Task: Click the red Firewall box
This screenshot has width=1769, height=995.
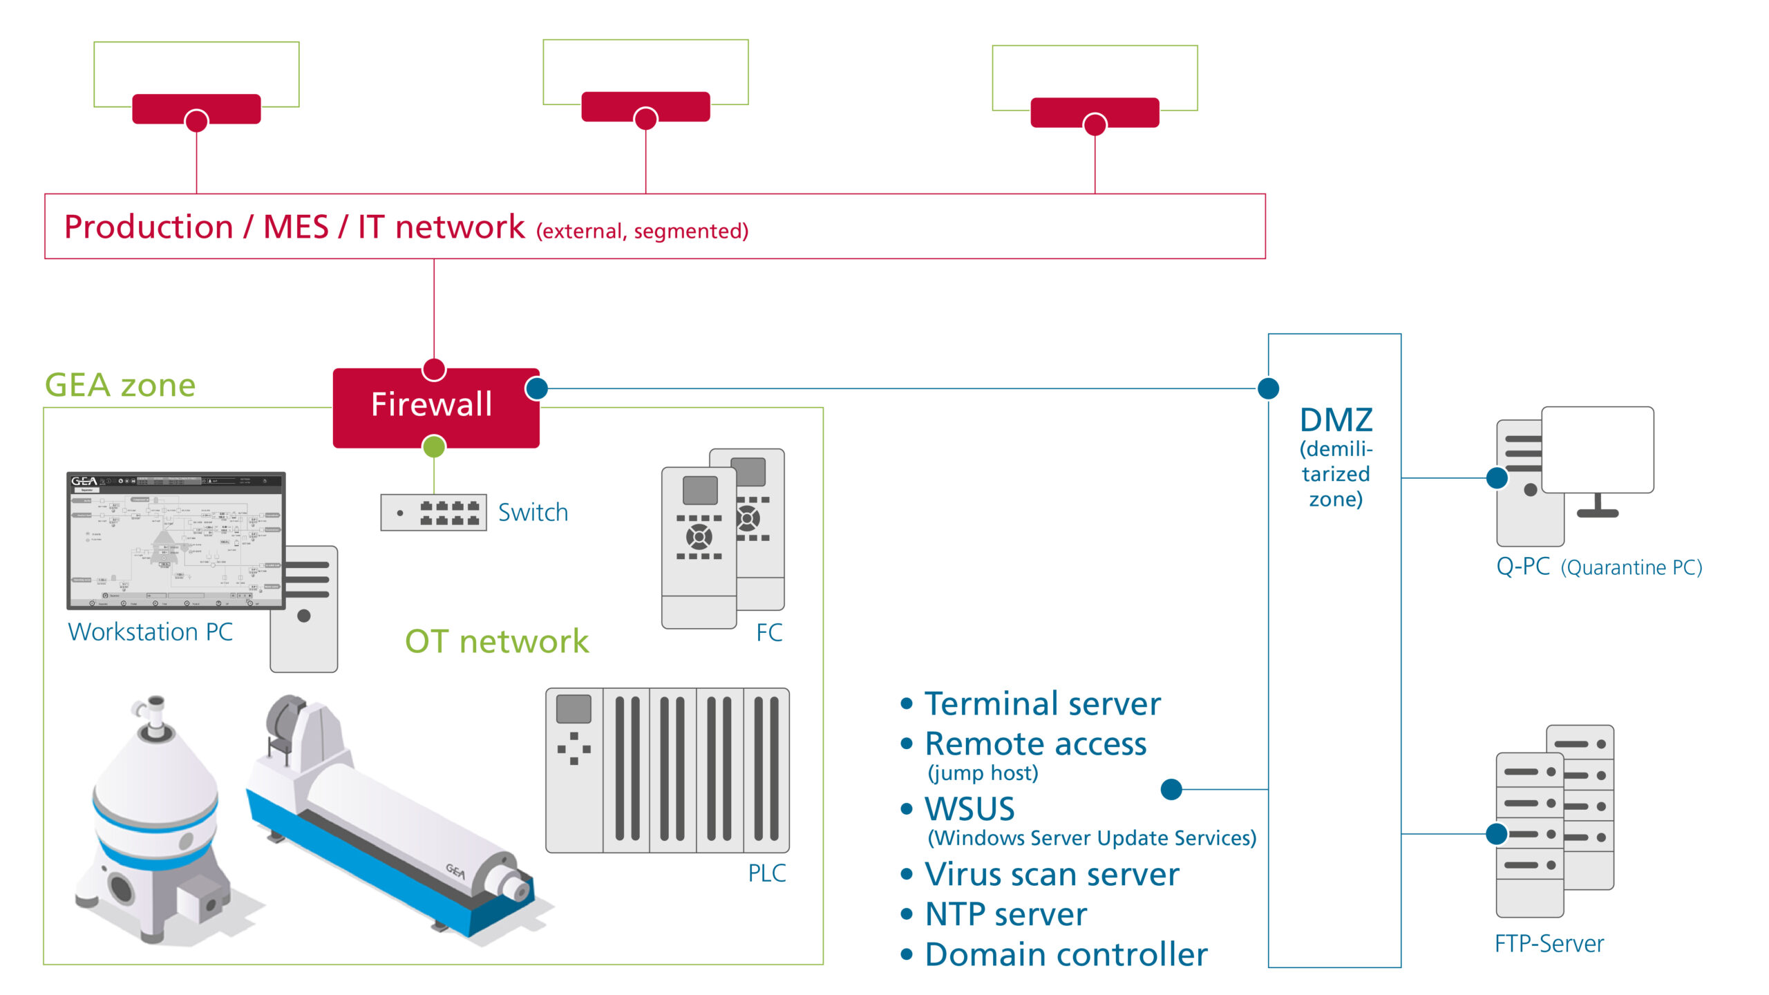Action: click(435, 408)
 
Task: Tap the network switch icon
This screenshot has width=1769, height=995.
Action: click(433, 512)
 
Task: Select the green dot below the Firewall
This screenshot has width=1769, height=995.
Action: click(434, 446)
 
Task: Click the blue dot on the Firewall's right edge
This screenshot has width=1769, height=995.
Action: click(537, 388)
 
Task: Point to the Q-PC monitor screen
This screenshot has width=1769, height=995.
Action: click(1597, 449)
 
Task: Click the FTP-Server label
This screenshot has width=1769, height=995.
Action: click(1549, 944)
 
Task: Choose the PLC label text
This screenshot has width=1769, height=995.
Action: click(766, 873)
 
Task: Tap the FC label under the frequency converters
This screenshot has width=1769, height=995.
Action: click(769, 633)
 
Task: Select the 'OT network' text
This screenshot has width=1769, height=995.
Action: click(497, 641)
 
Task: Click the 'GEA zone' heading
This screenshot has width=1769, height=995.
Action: click(120, 385)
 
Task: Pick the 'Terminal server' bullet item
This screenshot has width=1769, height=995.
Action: click(1042, 704)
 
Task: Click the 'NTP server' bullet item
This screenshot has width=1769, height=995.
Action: click(1005, 914)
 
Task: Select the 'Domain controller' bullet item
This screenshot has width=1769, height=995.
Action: click(1066, 955)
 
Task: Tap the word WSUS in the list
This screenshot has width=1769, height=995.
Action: click(969, 809)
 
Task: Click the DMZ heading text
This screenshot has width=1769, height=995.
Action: click(1336, 420)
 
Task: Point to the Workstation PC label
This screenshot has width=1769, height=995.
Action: click(151, 632)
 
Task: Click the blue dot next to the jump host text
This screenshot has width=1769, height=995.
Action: click(1171, 789)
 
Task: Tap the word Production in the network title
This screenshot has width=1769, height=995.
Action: click(149, 227)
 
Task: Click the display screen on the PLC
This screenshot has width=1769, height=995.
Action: click(574, 709)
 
